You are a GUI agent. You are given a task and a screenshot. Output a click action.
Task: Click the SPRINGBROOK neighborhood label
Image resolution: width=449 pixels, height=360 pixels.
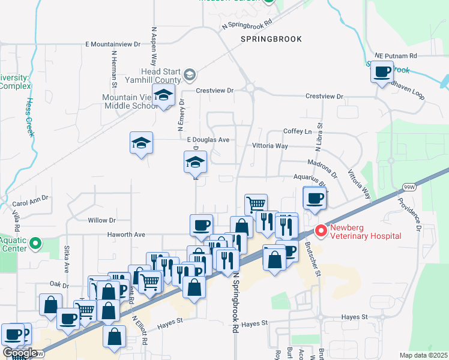point(271,38)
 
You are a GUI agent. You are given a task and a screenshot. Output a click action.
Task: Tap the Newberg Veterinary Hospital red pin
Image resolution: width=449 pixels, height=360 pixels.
point(321,230)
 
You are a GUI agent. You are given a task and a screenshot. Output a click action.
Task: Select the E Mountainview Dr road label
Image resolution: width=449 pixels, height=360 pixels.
point(112,44)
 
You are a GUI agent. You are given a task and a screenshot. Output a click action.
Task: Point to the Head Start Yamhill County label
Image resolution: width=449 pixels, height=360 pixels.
point(152,75)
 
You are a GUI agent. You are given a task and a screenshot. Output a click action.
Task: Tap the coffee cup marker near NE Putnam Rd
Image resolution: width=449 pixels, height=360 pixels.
point(382,73)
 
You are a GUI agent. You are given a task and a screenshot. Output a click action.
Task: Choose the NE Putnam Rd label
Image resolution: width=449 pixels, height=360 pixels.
point(396,55)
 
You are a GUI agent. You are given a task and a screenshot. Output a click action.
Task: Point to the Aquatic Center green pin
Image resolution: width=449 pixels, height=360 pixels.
point(35,244)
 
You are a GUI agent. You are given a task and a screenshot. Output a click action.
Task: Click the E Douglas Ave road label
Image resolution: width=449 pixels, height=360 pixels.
point(208,140)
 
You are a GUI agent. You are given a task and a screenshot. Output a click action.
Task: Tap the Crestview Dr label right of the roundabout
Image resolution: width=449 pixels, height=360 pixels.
point(324,96)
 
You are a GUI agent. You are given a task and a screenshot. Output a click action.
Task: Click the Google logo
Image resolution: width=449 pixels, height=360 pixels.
point(19,353)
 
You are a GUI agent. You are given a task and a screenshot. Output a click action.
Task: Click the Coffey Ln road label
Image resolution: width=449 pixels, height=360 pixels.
point(298,131)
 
